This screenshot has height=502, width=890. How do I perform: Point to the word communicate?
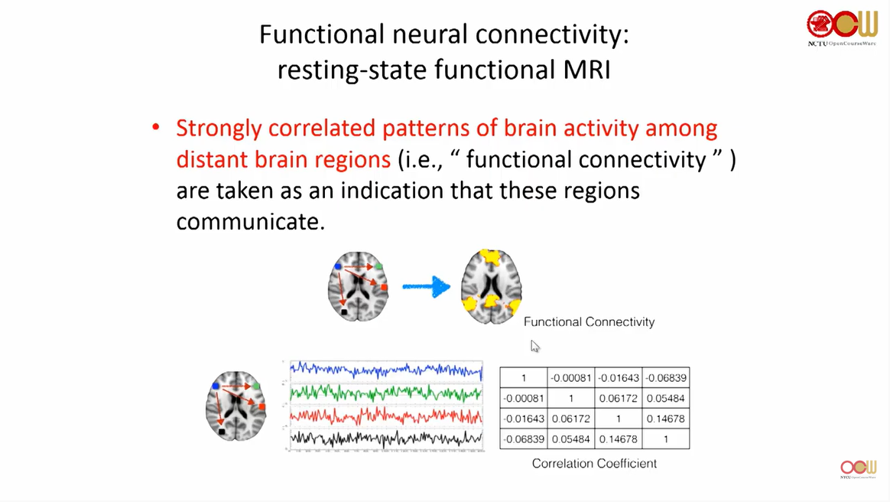(251, 222)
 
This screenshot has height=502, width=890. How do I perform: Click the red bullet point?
(156, 128)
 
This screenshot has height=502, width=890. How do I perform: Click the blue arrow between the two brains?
(427, 288)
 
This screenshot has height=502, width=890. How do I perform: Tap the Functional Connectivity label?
(589, 322)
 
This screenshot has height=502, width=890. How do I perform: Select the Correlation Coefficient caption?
(594, 463)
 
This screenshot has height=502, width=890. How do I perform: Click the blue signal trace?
(386, 370)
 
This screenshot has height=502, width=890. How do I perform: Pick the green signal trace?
(386, 393)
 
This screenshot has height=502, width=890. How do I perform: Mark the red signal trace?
(386, 416)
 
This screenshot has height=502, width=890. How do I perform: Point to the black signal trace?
(386, 438)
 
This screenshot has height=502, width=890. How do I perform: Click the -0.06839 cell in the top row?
(665, 378)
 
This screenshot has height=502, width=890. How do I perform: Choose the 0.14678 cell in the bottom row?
(618, 439)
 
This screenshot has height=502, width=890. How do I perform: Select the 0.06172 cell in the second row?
(618, 399)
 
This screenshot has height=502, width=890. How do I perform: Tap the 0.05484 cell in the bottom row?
(570, 439)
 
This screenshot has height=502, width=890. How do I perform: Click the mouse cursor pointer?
(534, 346)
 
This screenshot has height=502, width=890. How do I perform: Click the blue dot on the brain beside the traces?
(216, 386)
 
